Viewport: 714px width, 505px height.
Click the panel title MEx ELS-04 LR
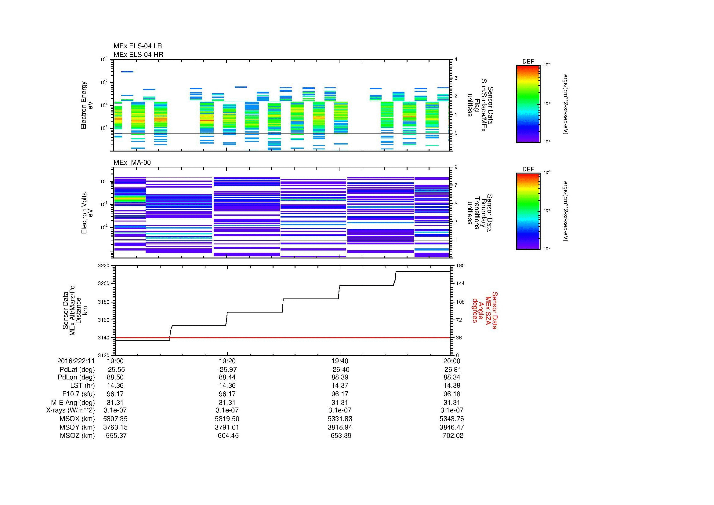(x=137, y=46)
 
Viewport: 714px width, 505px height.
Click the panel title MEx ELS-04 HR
(x=138, y=54)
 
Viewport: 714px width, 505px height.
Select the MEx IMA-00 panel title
(x=132, y=163)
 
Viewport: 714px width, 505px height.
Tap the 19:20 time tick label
(x=227, y=361)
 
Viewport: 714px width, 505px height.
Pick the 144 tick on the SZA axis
(x=460, y=284)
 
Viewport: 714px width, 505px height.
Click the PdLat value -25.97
(x=227, y=369)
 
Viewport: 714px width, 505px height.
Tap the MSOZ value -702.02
(x=451, y=436)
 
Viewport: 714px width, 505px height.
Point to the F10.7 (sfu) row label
(x=78, y=394)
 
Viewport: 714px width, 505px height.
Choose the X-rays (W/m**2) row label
(x=70, y=410)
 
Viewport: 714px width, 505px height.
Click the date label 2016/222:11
(x=76, y=361)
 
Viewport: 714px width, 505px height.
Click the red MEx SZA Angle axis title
(x=485, y=310)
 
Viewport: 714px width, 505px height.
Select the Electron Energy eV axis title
(x=87, y=105)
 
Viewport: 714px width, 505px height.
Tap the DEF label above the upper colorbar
(x=528, y=62)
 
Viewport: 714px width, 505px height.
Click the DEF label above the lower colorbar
(x=528, y=169)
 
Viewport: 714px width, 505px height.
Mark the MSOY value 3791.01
(x=227, y=427)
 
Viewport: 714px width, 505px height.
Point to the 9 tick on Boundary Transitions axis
(x=456, y=167)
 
